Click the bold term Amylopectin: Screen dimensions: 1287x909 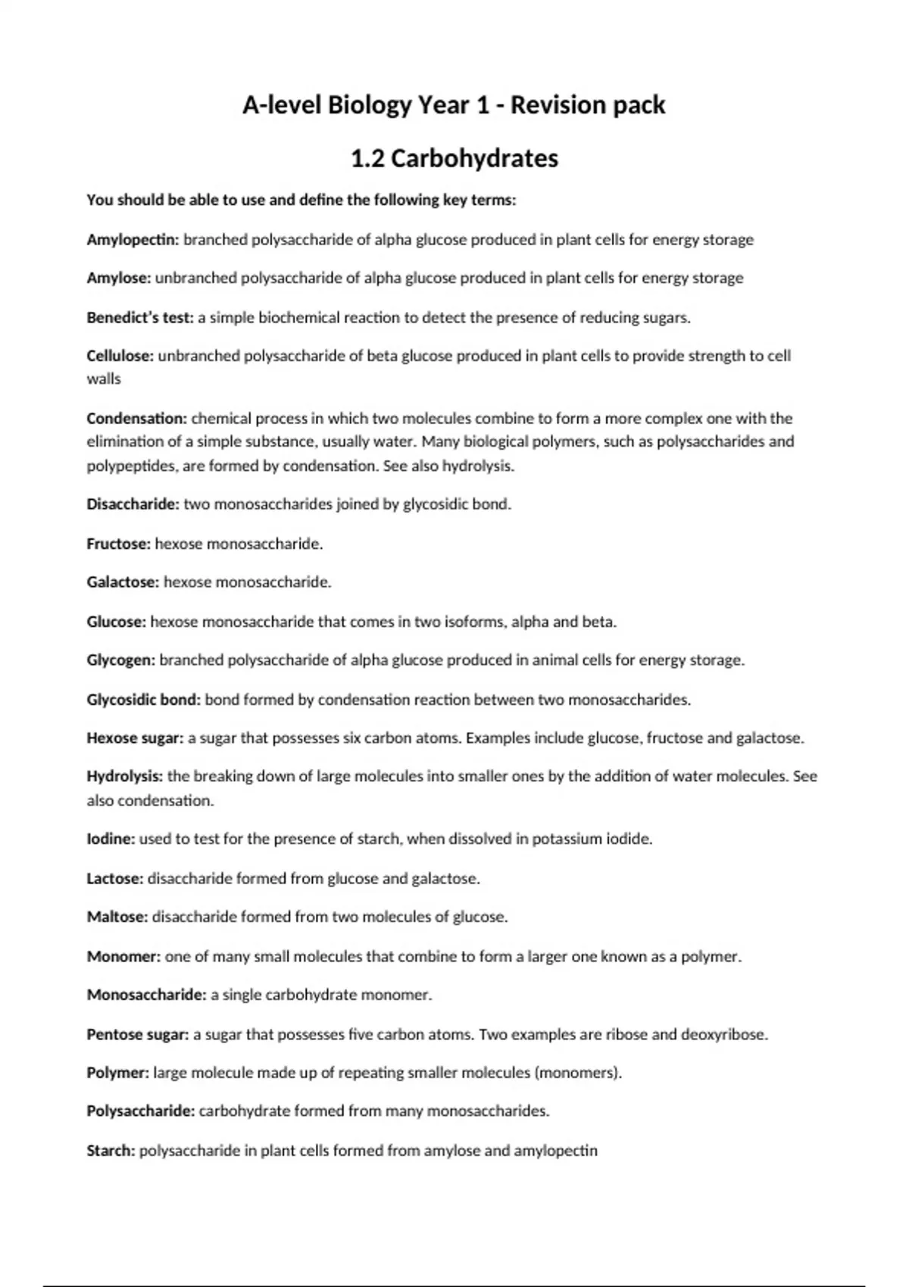point(133,240)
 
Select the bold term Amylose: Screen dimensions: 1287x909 point(119,278)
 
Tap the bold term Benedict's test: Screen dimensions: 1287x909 point(140,318)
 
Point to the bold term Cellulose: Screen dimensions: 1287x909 point(120,356)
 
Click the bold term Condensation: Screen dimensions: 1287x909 point(136,419)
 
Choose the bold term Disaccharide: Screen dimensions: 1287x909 point(133,504)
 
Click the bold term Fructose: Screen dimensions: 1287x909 point(119,544)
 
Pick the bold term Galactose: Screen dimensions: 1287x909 point(123,582)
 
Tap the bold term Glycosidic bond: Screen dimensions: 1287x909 point(144,700)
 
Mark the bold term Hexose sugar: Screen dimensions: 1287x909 point(135,738)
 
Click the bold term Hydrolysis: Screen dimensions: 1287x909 point(125,777)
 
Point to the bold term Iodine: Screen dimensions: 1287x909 point(111,839)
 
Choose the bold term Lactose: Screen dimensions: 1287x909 point(115,879)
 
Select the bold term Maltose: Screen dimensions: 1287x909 point(117,917)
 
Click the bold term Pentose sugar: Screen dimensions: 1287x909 point(138,1034)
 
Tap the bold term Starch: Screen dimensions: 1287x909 point(111,1151)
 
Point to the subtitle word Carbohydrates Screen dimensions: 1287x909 point(475,158)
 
